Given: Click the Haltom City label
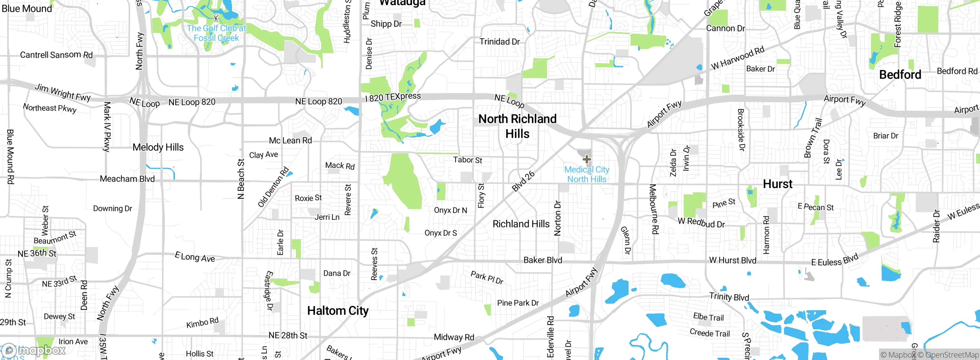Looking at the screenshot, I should (338, 311).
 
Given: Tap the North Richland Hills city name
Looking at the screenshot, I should (517, 126).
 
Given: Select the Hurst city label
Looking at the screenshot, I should (777, 184).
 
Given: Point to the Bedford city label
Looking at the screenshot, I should (900, 75).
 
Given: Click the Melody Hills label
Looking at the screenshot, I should (158, 147).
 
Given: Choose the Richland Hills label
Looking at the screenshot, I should (521, 224).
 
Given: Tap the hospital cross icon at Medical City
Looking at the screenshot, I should (586, 159).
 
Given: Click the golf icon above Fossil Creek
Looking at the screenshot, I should (216, 18).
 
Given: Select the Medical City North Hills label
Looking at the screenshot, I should (586, 175).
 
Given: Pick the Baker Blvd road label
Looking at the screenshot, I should (542, 260).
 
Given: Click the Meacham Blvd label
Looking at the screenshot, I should (127, 179).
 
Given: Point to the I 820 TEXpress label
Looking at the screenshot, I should (393, 97).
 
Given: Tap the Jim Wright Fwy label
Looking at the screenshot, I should (62, 92).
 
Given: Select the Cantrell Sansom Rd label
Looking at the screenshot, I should (56, 55).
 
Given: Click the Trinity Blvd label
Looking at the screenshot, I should (729, 296).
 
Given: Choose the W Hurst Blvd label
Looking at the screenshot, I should (732, 260).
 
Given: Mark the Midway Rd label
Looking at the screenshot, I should (454, 337).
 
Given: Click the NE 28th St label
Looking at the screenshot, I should (288, 335).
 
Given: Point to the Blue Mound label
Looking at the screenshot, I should (27, 8).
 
